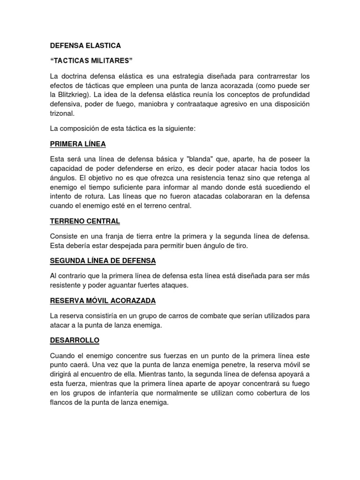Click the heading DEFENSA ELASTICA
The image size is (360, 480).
pyautogui.click(x=85, y=45)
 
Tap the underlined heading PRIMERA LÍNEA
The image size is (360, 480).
pyautogui.click(x=78, y=143)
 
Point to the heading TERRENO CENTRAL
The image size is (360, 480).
pyautogui.click(x=85, y=220)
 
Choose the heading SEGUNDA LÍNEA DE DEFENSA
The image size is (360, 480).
pyautogui.click(x=103, y=260)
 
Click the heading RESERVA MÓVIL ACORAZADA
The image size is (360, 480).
pyautogui.click(x=103, y=300)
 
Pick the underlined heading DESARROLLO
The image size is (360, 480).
pyautogui.click(x=75, y=340)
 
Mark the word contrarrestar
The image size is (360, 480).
pyautogui.click(x=267, y=75)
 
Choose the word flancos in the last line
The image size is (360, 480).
pyautogui.click(x=62, y=402)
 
